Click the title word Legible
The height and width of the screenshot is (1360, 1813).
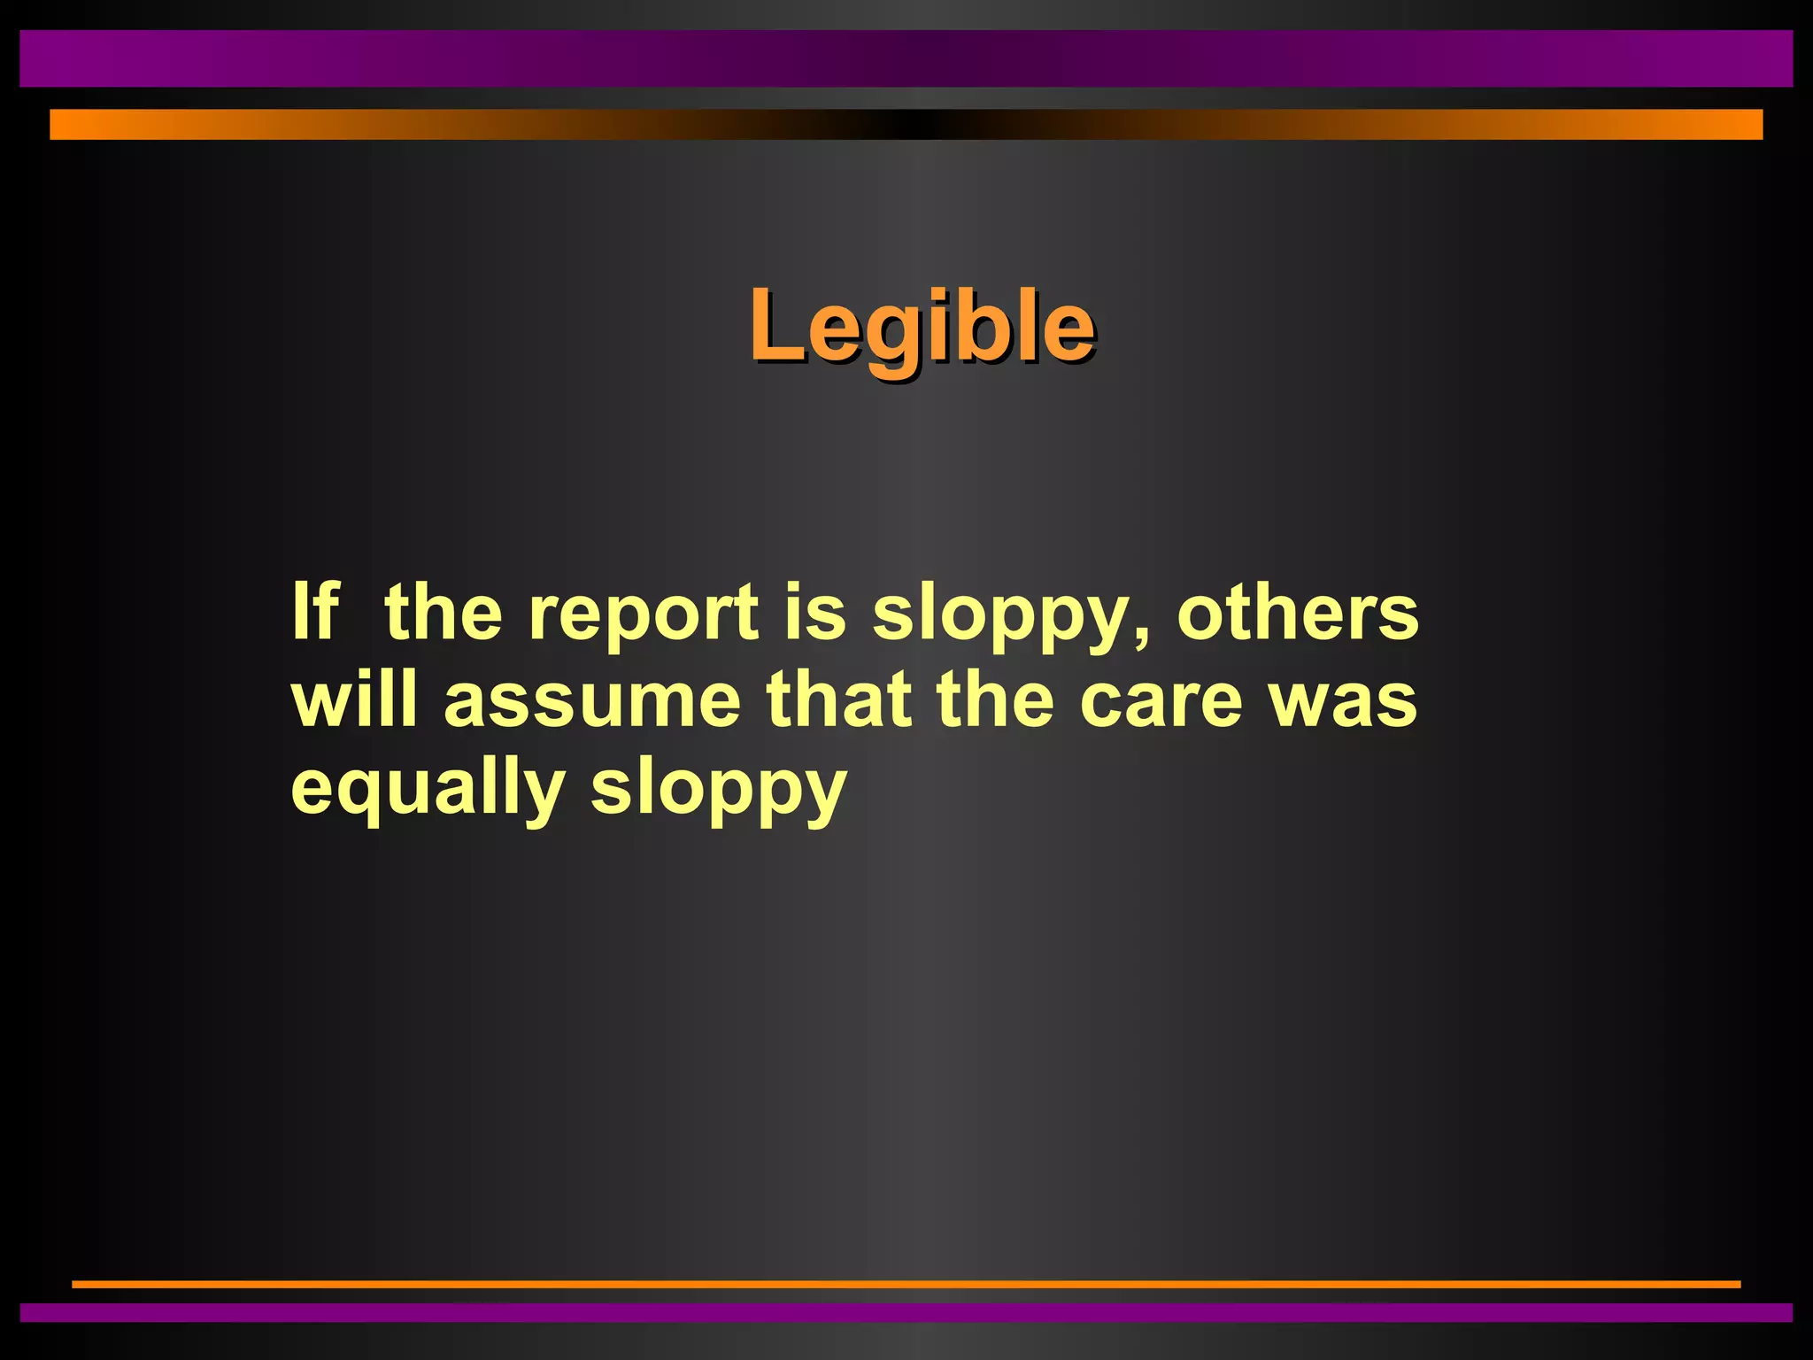coord(922,328)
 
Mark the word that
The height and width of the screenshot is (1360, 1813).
coord(838,699)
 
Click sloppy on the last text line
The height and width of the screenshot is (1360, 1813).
coord(719,790)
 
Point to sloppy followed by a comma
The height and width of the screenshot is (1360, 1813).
coord(1005,616)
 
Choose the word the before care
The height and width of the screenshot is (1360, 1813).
coord(996,699)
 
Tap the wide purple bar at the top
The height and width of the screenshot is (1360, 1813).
coord(906,58)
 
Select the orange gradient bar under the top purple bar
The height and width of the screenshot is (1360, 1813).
coord(906,124)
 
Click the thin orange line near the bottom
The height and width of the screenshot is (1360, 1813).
coord(906,1284)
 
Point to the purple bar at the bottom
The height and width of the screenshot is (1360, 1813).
coord(906,1312)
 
